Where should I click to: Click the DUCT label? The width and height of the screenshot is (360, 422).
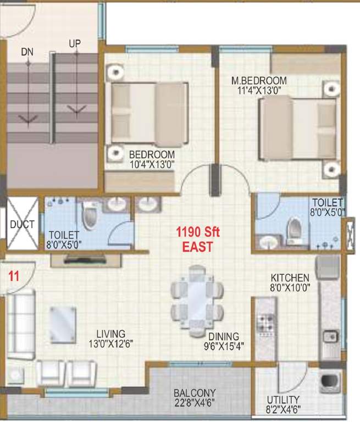click(22, 224)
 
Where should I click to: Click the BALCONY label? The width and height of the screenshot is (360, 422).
click(194, 393)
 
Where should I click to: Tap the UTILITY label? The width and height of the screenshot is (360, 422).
click(283, 399)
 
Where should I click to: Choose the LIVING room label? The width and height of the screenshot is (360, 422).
click(110, 334)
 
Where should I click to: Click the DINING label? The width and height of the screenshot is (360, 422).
click(223, 336)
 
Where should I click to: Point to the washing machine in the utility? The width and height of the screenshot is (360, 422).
click(329, 381)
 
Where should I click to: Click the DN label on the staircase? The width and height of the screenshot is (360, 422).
click(27, 52)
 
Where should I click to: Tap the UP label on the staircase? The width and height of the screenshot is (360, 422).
click(74, 43)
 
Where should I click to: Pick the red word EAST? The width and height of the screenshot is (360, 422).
click(197, 248)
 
